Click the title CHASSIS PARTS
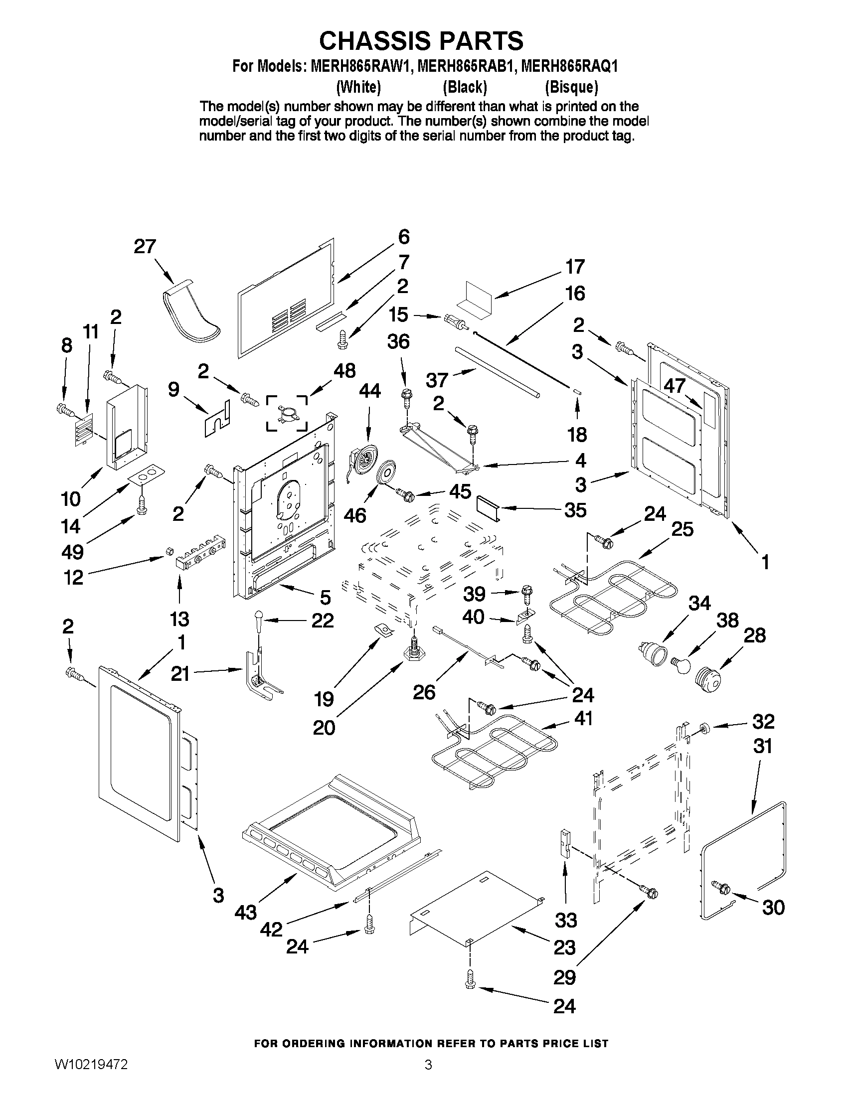tap(421, 41)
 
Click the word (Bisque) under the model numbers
tap(572, 87)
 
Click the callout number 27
tap(145, 247)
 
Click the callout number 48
tap(344, 371)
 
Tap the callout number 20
tap(324, 727)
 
